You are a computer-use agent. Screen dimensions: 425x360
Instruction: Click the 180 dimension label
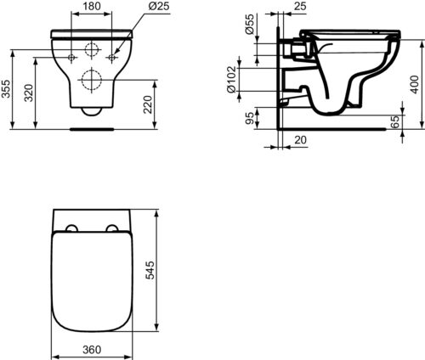pyautogui.click(x=92, y=6)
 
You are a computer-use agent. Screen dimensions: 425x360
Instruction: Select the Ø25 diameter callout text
pyautogui.click(x=159, y=6)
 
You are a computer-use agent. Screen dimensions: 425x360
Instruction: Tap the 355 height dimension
pyautogui.click(x=6, y=89)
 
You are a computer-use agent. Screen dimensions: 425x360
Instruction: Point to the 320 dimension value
pyautogui.click(x=29, y=93)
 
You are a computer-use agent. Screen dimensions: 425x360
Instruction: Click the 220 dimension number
pyautogui.click(x=148, y=104)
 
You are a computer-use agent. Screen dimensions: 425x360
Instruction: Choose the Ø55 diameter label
pyautogui.click(x=250, y=24)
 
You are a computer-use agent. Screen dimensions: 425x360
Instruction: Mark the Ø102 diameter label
pyautogui.click(x=231, y=79)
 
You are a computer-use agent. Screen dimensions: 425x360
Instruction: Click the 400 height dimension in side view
pyautogui.click(x=414, y=84)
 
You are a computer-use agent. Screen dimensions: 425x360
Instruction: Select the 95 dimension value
pyautogui.click(x=250, y=118)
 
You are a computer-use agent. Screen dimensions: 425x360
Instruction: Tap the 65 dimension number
pyautogui.click(x=394, y=121)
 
